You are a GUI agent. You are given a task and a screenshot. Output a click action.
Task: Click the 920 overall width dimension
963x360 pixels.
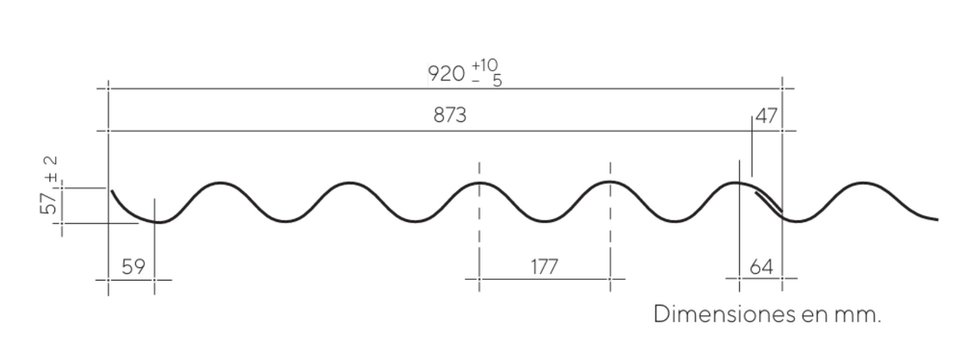pos(447,73)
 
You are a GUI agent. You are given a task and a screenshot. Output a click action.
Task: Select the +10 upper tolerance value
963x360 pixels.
pos(484,65)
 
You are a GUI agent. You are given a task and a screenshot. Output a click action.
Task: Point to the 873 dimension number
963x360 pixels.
pos(450,115)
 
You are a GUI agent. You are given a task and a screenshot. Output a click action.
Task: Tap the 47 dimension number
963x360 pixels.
pos(766,116)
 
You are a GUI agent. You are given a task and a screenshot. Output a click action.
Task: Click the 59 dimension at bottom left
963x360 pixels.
pos(133,267)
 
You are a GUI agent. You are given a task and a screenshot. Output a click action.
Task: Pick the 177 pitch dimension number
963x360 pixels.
pos(544,267)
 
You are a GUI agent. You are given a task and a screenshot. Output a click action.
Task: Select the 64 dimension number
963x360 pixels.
pos(761,267)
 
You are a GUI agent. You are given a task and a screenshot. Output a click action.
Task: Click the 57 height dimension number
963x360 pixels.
pos(48,203)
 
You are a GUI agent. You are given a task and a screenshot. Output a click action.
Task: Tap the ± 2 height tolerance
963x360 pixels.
pos(50,169)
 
